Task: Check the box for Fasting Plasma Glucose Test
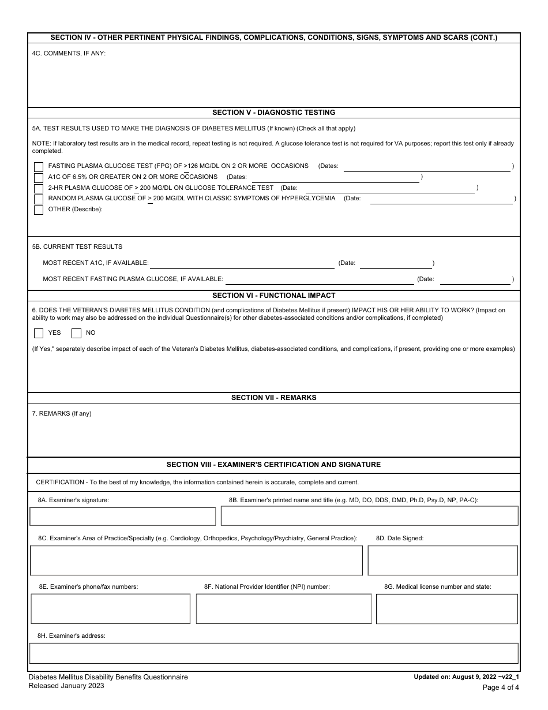pyautogui.click(x=39, y=167)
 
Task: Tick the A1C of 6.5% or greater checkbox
pyautogui.click(x=39, y=178)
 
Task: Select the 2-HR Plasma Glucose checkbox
pyautogui.click(x=39, y=189)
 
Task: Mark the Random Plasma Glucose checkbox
pyautogui.click(x=39, y=199)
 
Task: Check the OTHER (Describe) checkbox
pyautogui.click(x=39, y=210)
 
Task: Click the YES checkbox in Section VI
pyautogui.click(x=39, y=333)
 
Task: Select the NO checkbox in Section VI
pyautogui.click(x=76, y=333)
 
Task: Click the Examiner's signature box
pyautogui.click(x=123, y=516)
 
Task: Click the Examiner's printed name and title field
pyautogui.click(x=369, y=516)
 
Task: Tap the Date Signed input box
pyautogui.click(x=442, y=560)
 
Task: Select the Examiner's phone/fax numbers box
pyautogui.click(x=110, y=608)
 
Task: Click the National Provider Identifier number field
pyautogui.click(x=284, y=608)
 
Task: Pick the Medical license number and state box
pyautogui.click(x=446, y=608)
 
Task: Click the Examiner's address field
pyautogui.click(x=274, y=653)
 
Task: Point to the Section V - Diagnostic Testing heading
pyautogui.click(x=273, y=113)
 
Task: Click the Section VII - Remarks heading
pyautogui.click(x=273, y=398)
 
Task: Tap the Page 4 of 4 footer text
pyautogui.click(x=500, y=687)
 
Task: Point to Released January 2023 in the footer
pyautogui.click(x=66, y=686)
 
